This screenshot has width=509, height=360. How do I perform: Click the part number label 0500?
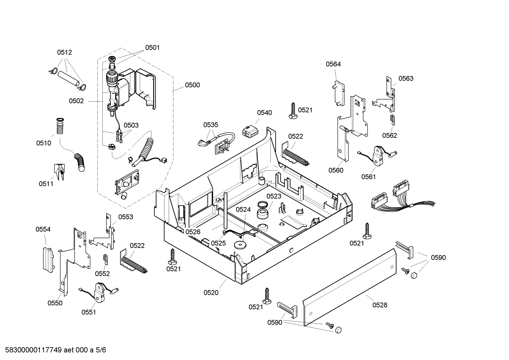(x=192, y=85)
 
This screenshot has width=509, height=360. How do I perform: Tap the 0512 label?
(x=64, y=52)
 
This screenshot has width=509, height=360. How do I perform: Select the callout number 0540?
(x=264, y=113)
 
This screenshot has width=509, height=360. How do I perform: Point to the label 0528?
(x=380, y=305)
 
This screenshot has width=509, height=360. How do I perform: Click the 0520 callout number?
(x=211, y=293)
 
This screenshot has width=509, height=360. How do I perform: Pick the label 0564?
(x=333, y=64)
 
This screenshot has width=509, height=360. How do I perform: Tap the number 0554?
(x=43, y=229)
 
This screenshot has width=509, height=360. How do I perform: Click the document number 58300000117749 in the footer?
(x=34, y=350)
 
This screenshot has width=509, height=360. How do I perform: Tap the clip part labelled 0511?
(x=60, y=172)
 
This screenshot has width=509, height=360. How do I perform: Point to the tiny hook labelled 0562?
(x=393, y=120)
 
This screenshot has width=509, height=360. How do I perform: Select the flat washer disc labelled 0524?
(x=240, y=245)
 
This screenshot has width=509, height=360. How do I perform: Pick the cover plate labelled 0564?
(x=339, y=93)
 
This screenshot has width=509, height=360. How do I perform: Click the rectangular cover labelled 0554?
(x=48, y=260)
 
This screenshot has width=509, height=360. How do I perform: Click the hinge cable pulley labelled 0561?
(x=378, y=156)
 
